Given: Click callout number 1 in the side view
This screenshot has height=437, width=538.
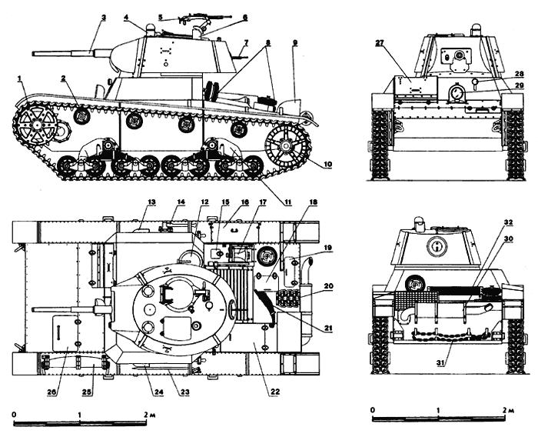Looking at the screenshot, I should pos(17,77).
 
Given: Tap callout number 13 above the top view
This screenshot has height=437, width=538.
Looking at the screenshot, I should pos(151,202).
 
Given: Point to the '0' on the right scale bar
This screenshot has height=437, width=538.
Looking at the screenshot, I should pos(372,409).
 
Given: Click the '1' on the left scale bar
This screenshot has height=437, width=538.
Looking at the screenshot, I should pos(79,415).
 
